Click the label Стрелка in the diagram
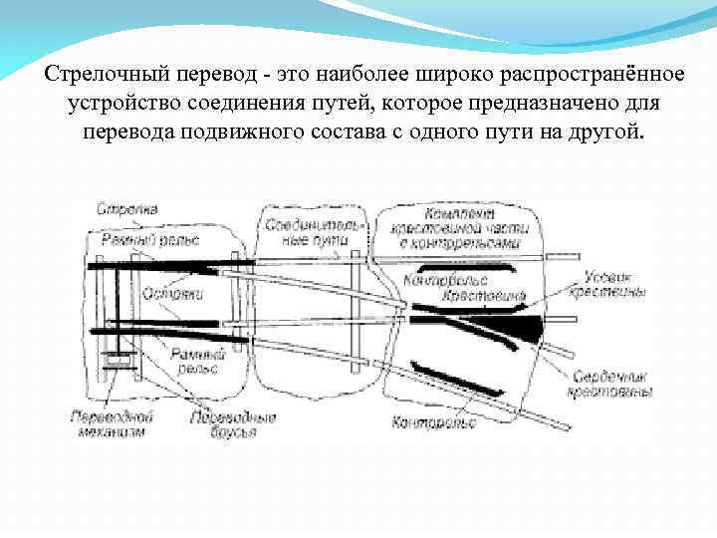pyautogui.click(x=126, y=209)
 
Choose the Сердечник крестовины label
pyautogui.click(x=611, y=386)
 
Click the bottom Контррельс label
pyautogui.click(x=434, y=422)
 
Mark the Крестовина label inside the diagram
pyautogui.click(x=484, y=297)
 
